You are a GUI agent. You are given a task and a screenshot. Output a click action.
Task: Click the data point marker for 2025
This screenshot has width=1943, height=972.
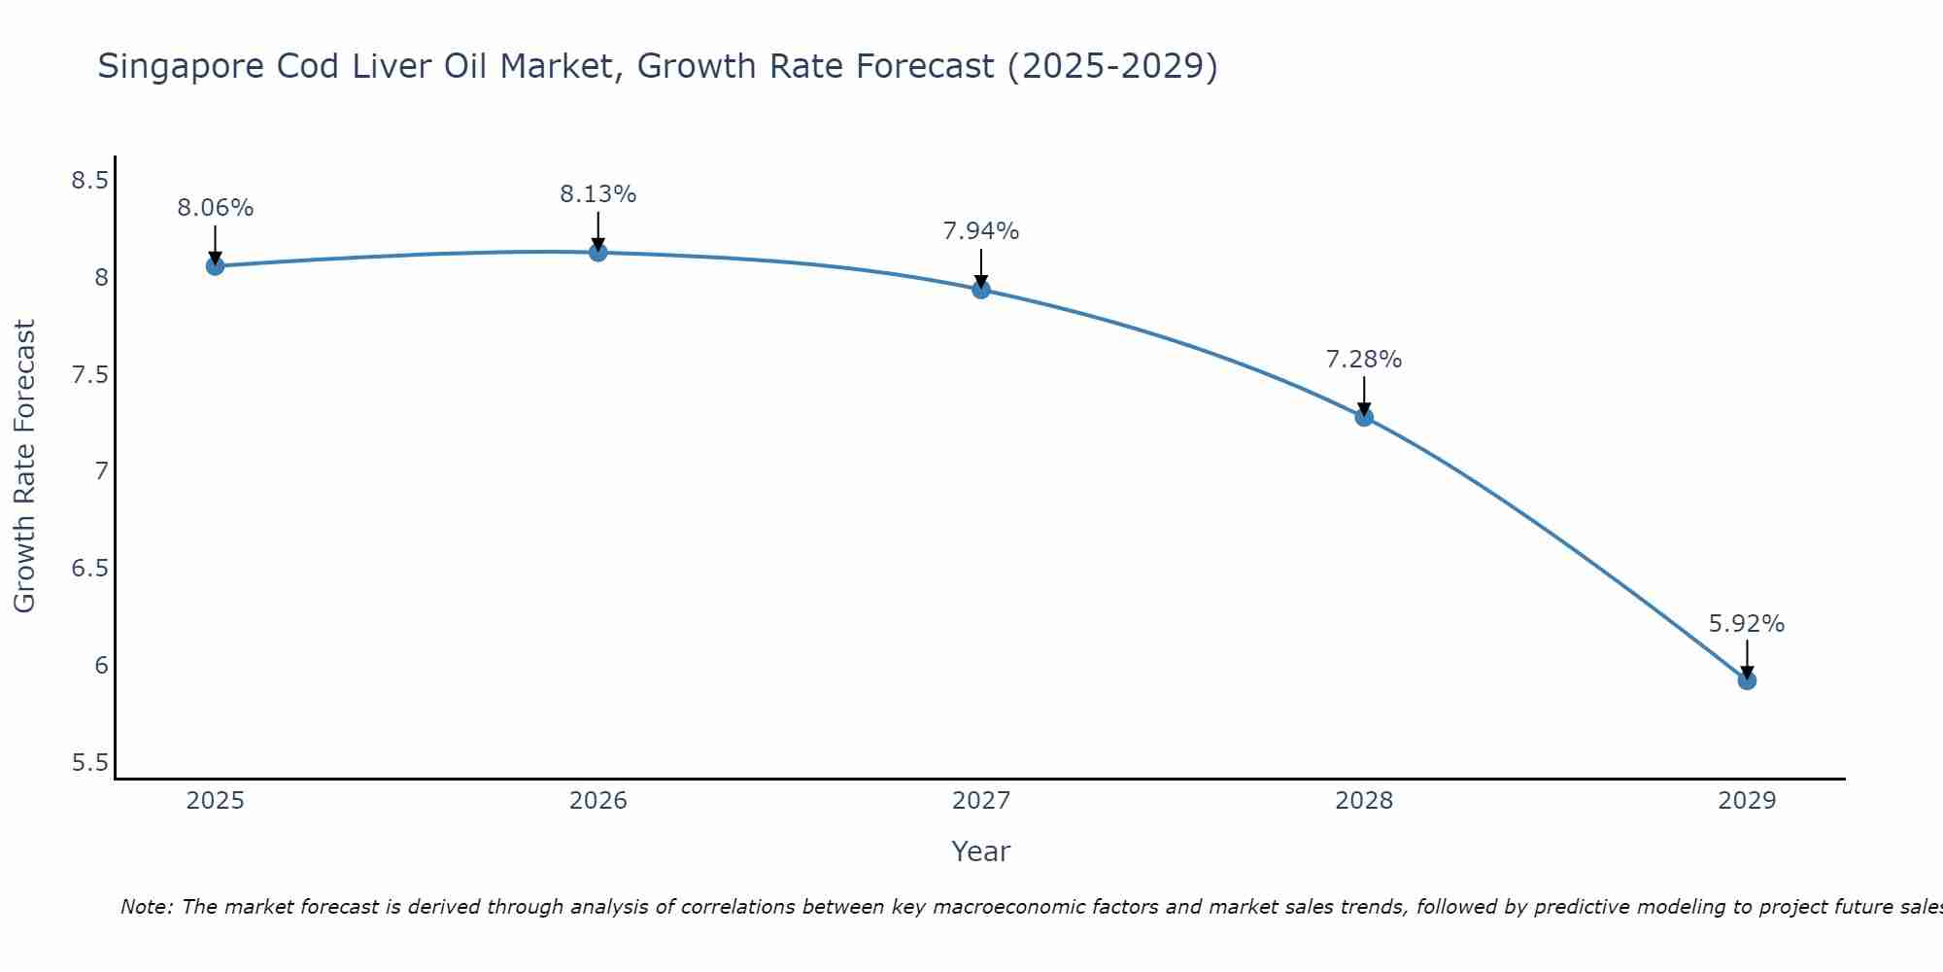[215, 265]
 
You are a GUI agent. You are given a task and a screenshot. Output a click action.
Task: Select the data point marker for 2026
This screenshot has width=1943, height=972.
[598, 253]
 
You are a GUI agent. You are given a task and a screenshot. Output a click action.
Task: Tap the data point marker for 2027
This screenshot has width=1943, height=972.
[981, 290]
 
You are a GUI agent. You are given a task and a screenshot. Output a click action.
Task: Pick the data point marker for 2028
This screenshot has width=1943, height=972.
[1364, 417]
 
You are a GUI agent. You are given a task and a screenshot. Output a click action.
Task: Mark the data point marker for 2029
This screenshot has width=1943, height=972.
[1747, 680]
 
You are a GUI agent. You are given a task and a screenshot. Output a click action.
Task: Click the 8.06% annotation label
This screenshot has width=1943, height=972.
[215, 208]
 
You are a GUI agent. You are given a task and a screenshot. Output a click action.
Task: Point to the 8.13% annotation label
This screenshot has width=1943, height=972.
[598, 194]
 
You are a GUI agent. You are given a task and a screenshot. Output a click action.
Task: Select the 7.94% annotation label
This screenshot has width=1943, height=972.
[981, 231]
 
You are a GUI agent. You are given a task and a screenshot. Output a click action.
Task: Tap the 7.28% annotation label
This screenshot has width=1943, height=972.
[1364, 360]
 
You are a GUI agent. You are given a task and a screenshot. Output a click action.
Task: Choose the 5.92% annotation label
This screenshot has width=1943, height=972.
[1747, 624]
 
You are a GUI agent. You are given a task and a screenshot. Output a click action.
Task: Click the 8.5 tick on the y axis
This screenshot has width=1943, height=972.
[89, 181]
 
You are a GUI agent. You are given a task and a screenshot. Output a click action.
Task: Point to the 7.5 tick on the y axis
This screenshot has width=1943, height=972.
[89, 375]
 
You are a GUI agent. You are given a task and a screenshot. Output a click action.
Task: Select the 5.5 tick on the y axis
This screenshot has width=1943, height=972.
[89, 763]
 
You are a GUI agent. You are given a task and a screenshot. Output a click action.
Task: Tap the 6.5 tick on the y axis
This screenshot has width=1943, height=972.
[89, 569]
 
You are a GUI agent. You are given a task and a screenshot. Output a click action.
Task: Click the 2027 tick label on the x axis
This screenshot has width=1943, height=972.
[981, 801]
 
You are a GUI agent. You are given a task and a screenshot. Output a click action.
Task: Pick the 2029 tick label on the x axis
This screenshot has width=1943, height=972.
[1747, 801]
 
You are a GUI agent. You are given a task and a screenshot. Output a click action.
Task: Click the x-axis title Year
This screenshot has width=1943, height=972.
[981, 851]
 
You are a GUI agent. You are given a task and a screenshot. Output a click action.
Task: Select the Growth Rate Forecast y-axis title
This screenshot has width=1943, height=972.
[24, 467]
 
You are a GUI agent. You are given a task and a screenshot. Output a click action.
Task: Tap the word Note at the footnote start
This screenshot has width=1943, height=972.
[146, 907]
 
